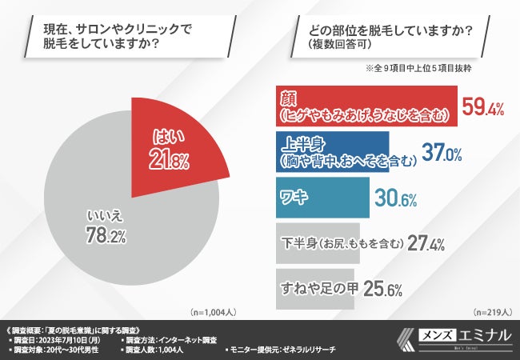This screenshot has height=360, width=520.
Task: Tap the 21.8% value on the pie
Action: (169, 160)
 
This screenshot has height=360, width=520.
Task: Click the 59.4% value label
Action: (482, 107)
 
